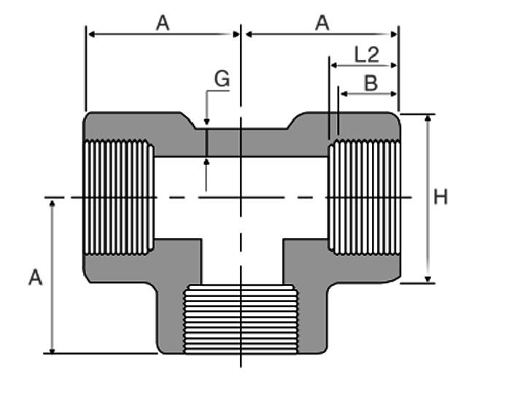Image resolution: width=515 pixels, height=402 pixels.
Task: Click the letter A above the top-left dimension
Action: tap(163, 23)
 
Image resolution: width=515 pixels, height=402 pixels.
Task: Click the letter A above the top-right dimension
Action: tap(322, 23)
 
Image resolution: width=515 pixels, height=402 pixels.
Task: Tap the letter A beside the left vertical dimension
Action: tap(36, 277)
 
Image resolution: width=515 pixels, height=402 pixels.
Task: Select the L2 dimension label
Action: tap(367, 55)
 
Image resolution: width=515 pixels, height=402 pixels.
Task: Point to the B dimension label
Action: tap(371, 83)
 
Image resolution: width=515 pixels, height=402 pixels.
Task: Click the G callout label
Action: tap(222, 79)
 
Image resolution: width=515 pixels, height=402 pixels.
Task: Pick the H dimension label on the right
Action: tap(441, 197)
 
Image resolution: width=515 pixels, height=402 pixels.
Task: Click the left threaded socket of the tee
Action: tap(119, 198)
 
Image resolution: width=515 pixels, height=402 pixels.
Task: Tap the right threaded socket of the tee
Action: tap(364, 198)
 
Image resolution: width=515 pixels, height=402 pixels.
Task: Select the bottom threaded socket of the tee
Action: tap(241, 320)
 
